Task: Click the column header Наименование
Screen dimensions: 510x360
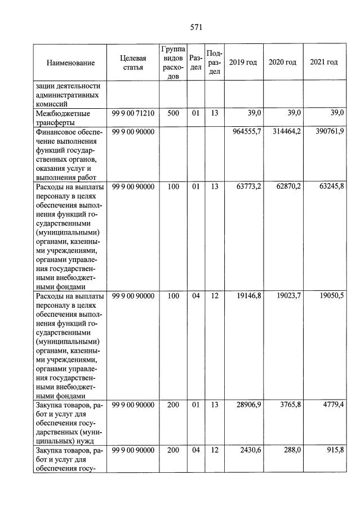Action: (x=71, y=63)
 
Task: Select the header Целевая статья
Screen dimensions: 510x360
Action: (x=133, y=63)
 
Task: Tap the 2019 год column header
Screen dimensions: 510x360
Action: (x=243, y=62)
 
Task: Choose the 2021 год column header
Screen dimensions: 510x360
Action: (x=324, y=62)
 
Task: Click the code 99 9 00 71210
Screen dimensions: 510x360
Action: (x=133, y=113)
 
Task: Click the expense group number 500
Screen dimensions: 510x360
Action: (x=172, y=113)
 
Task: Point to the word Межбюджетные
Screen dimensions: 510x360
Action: (x=59, y=113)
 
